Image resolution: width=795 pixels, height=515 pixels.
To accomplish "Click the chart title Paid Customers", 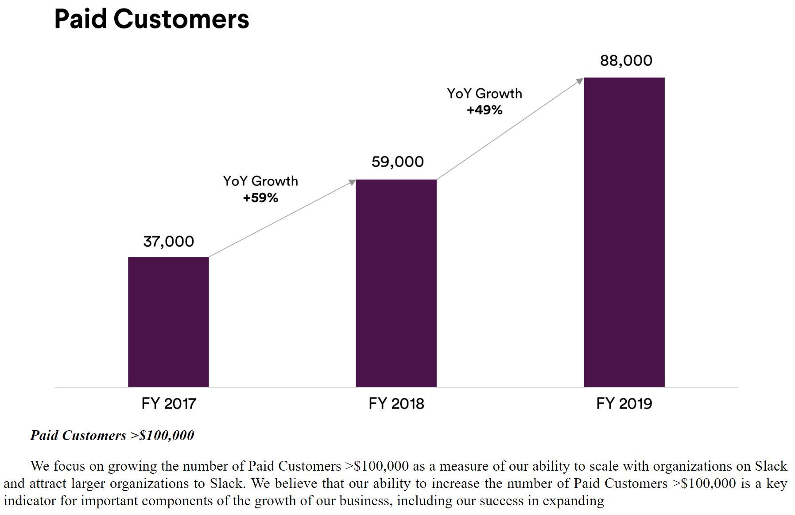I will tap(151, 19).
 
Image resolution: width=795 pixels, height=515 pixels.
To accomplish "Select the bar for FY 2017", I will tap(168, 322).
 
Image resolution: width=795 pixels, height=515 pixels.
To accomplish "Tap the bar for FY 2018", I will tap(396, 283).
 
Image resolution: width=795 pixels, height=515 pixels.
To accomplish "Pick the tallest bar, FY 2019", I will tap(624, 232).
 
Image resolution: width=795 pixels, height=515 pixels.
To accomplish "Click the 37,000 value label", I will tap(168, 242).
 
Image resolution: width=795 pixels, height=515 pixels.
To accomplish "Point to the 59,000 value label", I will tap(397, 162).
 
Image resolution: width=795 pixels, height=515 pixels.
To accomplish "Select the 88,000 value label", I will tap(626, 61).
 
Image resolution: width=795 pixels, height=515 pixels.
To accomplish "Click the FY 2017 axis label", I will tap(168, 404).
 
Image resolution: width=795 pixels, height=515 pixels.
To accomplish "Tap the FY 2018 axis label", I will tap(396, 404).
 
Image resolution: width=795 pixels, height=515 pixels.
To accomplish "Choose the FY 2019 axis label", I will tap(624, 404).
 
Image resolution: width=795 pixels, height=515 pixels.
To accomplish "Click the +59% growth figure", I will tap(260, 198).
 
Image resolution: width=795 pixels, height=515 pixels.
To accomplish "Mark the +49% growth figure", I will tap(484, 110).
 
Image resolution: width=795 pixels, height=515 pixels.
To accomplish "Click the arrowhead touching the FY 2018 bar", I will tap(353, 182).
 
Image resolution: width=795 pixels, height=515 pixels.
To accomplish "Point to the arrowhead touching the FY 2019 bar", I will tap(580, 81).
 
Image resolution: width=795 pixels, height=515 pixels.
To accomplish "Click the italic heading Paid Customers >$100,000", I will tap(112, 435).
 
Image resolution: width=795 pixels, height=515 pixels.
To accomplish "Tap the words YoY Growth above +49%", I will tap(484, 94).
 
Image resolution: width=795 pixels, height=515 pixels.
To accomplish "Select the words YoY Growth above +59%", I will tap(260, 181).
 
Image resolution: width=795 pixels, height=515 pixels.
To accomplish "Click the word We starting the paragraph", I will tap(40, 466).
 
